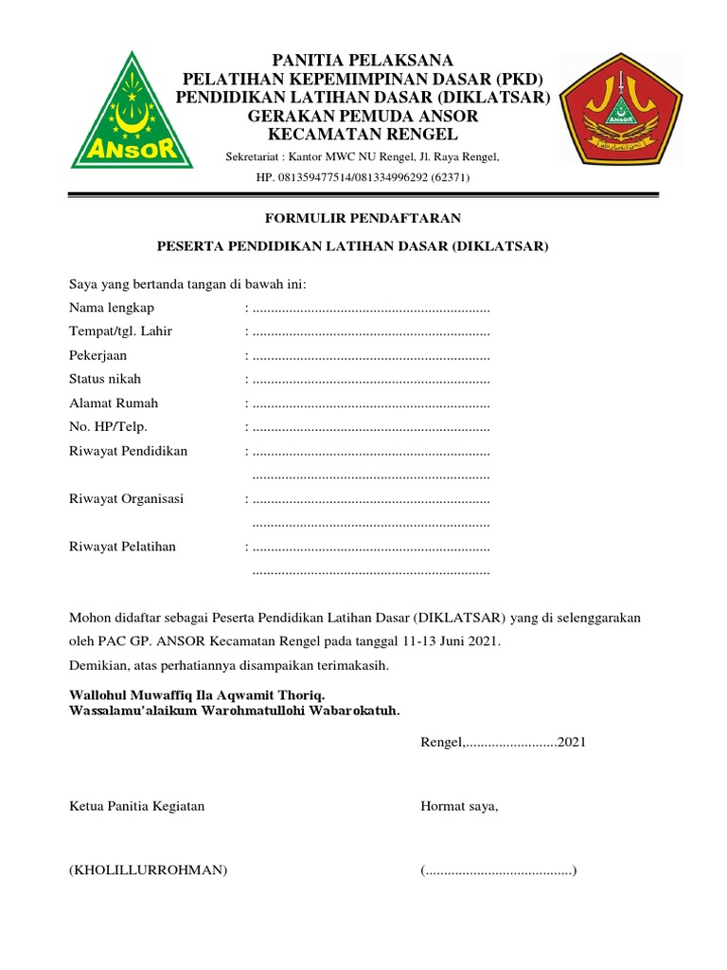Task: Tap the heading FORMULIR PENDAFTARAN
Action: tap(363, 218)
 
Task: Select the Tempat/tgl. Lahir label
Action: tap(121, 332)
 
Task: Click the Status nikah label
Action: tap(105, 379)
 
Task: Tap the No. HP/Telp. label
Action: tap(108, 427)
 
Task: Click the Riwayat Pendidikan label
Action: tap(128, 451)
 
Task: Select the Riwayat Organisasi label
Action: tap(127, 498)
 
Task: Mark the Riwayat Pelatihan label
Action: tap(122, 547)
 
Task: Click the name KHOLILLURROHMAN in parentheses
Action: tap(149, 871)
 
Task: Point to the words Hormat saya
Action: tap(459, 807)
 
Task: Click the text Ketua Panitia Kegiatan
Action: tap(136, 807)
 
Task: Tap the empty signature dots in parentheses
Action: tap(499, 871)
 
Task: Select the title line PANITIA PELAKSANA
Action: tap(363, 60)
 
